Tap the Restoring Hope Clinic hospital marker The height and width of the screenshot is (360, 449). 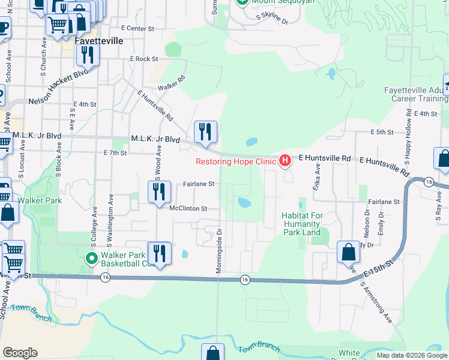tap(285, 161)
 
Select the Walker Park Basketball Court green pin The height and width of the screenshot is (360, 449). tap(91, 259)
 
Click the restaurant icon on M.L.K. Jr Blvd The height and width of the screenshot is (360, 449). tap(205, 131)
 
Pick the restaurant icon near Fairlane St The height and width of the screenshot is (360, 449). tap(158, 192)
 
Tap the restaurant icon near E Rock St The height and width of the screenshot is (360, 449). tap(88, 55)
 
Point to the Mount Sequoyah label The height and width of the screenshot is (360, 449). tap(276, 2)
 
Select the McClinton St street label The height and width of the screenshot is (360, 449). tap(188, 209)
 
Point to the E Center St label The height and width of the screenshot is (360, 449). tap(137, 28)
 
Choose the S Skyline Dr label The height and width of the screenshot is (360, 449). tap(272, 19)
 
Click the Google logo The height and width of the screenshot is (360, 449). tap(20, 353)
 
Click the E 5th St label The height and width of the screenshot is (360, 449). tap(381, 131)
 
